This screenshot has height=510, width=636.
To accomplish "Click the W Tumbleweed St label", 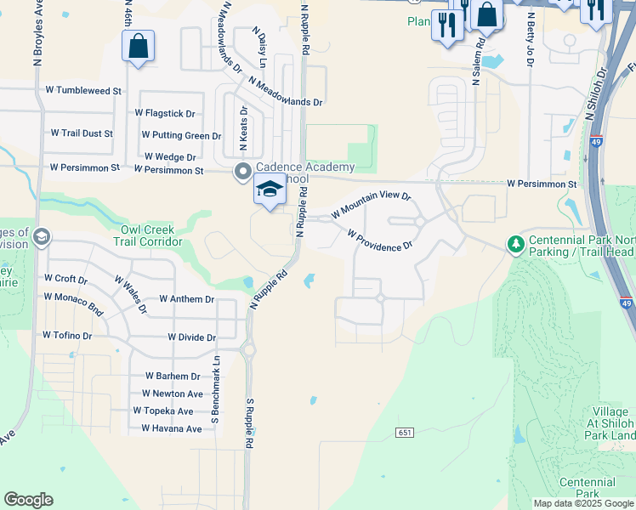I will pyautogui.click(x=84, y=90).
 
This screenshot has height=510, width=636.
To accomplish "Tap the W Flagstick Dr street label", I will pyautogui.click(x=165, y=113).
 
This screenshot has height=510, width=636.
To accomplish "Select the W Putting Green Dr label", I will pyautogui.click(x=181, y=135).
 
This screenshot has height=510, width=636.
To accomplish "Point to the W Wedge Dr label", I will pyautogui.click(x=170, y=157).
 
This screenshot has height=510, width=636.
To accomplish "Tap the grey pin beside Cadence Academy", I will pyautogui.click(x=242, y=172).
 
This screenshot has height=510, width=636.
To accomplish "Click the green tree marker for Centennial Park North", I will pyautogui.click(x=515, y=245).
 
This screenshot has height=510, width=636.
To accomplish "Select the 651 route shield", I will pyautogui.click(x=405, y=433).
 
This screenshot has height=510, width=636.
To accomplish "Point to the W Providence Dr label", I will pyautogui.click(x=379, y=239).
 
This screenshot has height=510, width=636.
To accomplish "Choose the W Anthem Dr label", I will pyautogui.click(x=186, y=299).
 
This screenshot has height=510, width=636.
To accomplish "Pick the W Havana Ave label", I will pyautogui.click(x=172, y=428).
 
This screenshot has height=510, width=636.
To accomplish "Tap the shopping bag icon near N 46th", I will pyautogui.click(x=139, y=46).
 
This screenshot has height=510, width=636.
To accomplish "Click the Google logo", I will pyautogui.click(x=28, y=500).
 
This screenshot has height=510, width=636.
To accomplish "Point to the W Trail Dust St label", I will pyautogui.click(x=82, y=133).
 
